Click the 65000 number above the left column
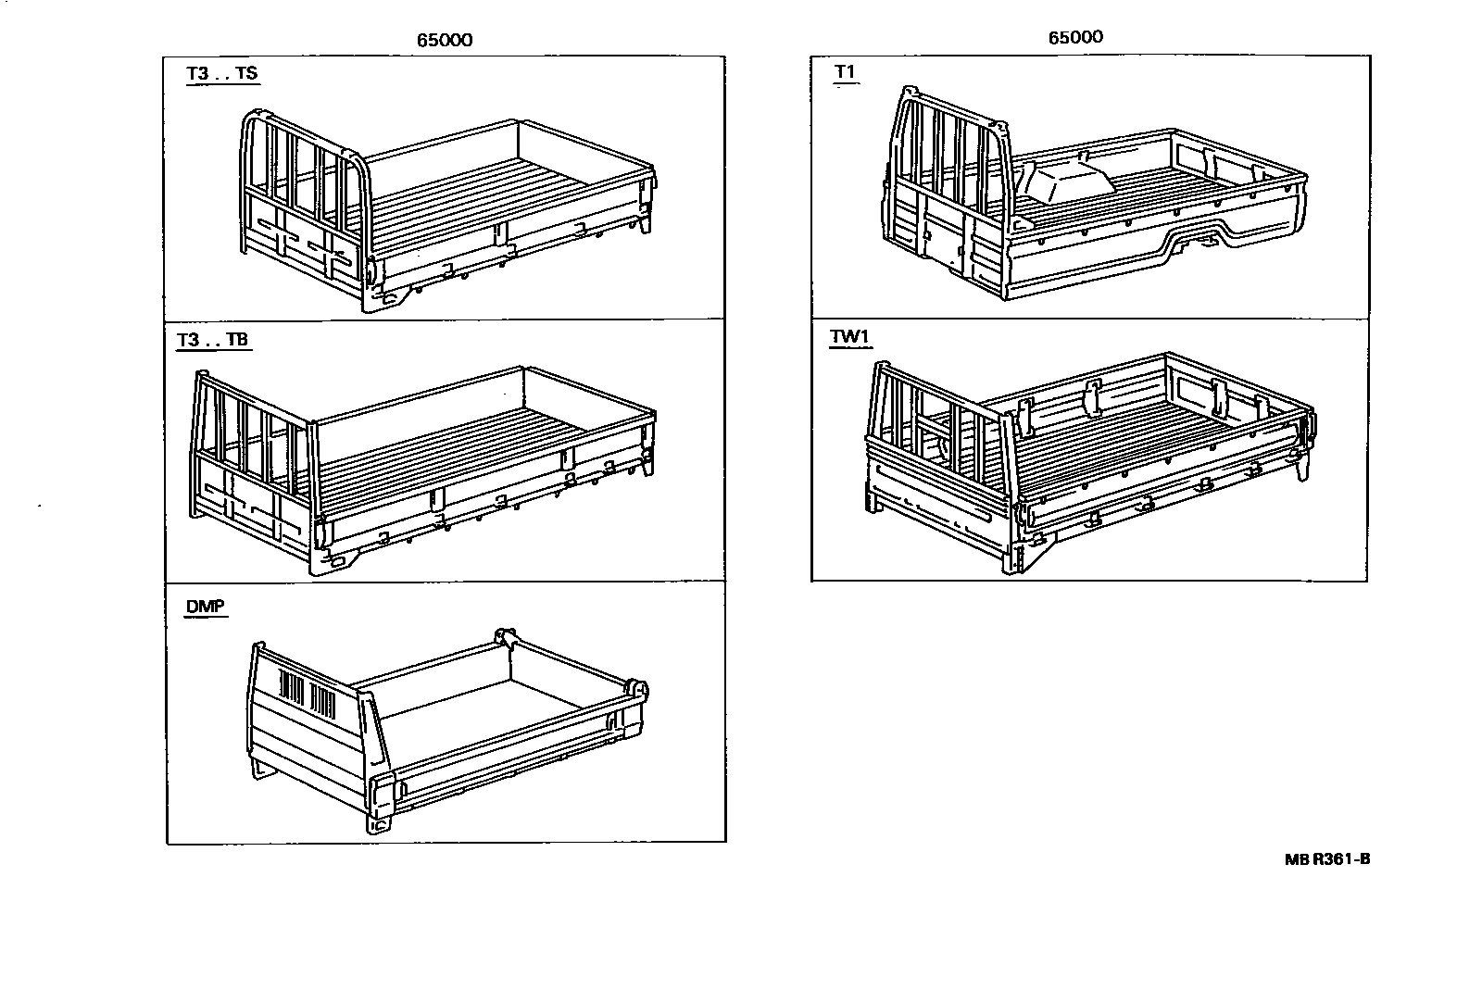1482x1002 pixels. tap(445, 40)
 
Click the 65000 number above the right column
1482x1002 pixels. tap(1075, 37)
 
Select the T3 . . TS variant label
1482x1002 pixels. tap(222, 73)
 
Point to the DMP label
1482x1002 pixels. tap(205, 607)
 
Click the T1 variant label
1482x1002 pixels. tap(846, 72)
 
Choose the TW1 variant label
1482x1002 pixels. tap(849, 337)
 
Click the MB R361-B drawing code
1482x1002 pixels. tap(1326, 858)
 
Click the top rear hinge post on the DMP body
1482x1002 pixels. tap(505, 638)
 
